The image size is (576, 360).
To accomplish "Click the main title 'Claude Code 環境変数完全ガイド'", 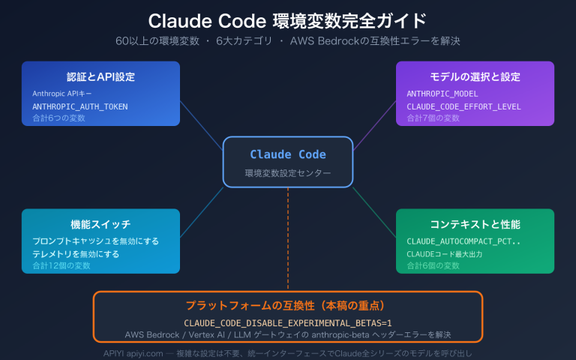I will click(287, 19).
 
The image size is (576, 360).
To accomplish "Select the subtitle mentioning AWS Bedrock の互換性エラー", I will click(287, 40).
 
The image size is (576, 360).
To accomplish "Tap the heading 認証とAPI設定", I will click(100, 76).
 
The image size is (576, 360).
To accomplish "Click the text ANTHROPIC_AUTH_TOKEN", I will click(80, 106).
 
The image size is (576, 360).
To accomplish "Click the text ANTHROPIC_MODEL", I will click(443, 94).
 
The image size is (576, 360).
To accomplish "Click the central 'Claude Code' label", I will click(287, 154).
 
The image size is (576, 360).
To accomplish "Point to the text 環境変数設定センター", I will click(287, 173).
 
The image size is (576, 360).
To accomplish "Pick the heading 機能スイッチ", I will click(100, 224).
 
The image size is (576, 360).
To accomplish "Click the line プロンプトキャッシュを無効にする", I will click(95, 241).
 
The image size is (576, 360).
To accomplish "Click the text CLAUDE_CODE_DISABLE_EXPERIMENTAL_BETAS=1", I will click(287, 322).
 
